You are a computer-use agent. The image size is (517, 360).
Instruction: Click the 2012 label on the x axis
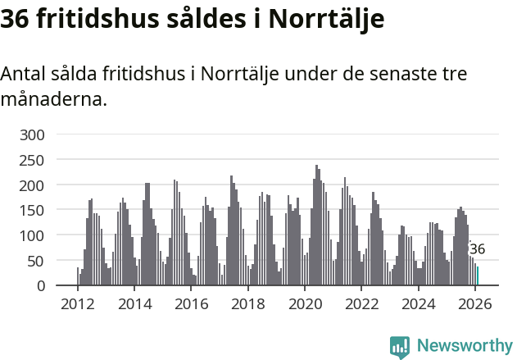78,304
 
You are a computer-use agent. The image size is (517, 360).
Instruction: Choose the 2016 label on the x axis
191,304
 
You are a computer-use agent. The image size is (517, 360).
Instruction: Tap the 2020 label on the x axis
305,304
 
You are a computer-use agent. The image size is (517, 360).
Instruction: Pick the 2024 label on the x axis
418,304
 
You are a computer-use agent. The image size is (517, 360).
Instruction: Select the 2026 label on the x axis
475,304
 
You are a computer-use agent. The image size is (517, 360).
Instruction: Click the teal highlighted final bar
478,276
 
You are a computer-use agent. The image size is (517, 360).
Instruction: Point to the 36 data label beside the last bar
478,249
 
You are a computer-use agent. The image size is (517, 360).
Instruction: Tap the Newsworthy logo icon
400,347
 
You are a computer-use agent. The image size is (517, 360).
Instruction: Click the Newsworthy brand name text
464,346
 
